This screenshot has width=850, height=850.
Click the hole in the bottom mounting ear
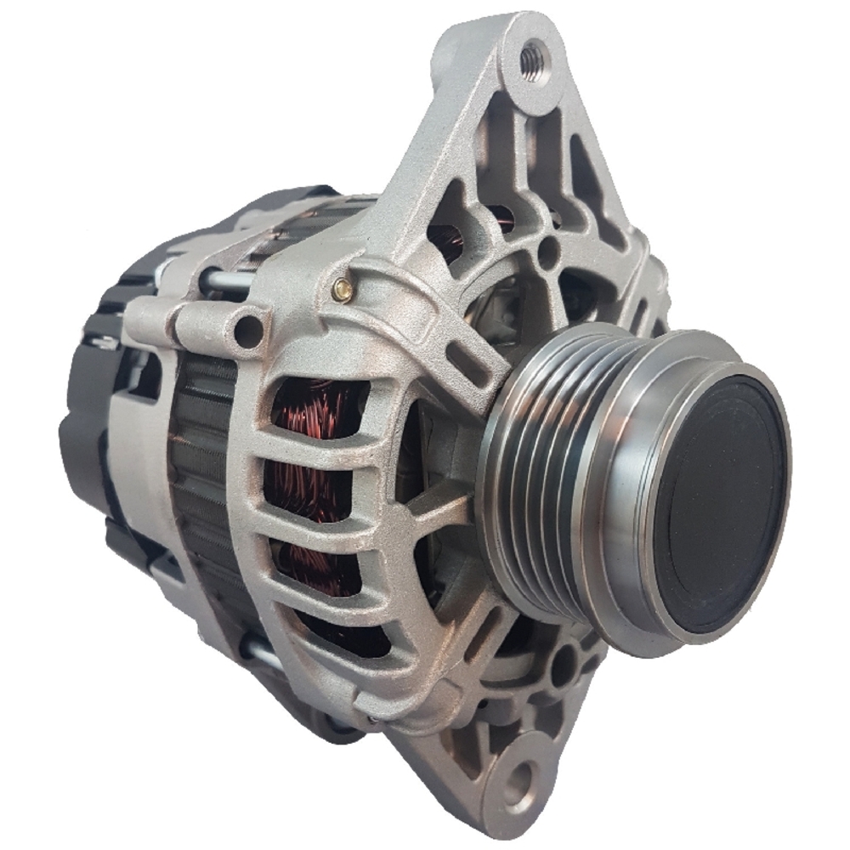point(519,774)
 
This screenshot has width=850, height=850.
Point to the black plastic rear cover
point(93,442)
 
